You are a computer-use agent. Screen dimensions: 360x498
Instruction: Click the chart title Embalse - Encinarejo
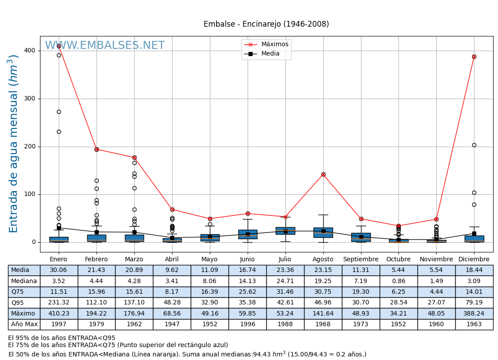coord(266,24)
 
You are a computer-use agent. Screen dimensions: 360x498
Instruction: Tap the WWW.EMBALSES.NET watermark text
coord(104,46)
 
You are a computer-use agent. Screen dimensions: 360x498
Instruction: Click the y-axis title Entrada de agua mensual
coord(14,144)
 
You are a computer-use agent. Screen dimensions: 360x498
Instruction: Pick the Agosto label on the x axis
coord(323,260)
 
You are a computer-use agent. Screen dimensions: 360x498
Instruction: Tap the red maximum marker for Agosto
coord(323,174)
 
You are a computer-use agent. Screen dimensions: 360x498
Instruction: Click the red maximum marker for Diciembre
coord(474,56)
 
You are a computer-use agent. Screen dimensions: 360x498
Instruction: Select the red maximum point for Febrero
coord(96,149)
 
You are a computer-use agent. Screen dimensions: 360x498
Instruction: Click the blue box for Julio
coord(285,231)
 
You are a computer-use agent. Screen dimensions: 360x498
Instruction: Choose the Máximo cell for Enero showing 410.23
coord(59,314)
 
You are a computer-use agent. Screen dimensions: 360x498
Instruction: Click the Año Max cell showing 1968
coord(323,324)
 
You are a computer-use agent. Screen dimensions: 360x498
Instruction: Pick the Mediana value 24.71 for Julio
coord(285,281)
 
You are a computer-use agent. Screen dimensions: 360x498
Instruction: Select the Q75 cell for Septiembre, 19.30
coord(361,292)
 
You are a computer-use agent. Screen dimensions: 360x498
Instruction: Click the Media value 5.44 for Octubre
coord(398,270)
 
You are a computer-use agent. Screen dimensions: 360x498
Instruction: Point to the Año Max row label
coord(24,324)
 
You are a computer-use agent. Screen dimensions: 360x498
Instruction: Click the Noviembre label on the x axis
coord(436,260)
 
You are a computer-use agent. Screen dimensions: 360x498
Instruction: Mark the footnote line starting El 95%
coord(62,338)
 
